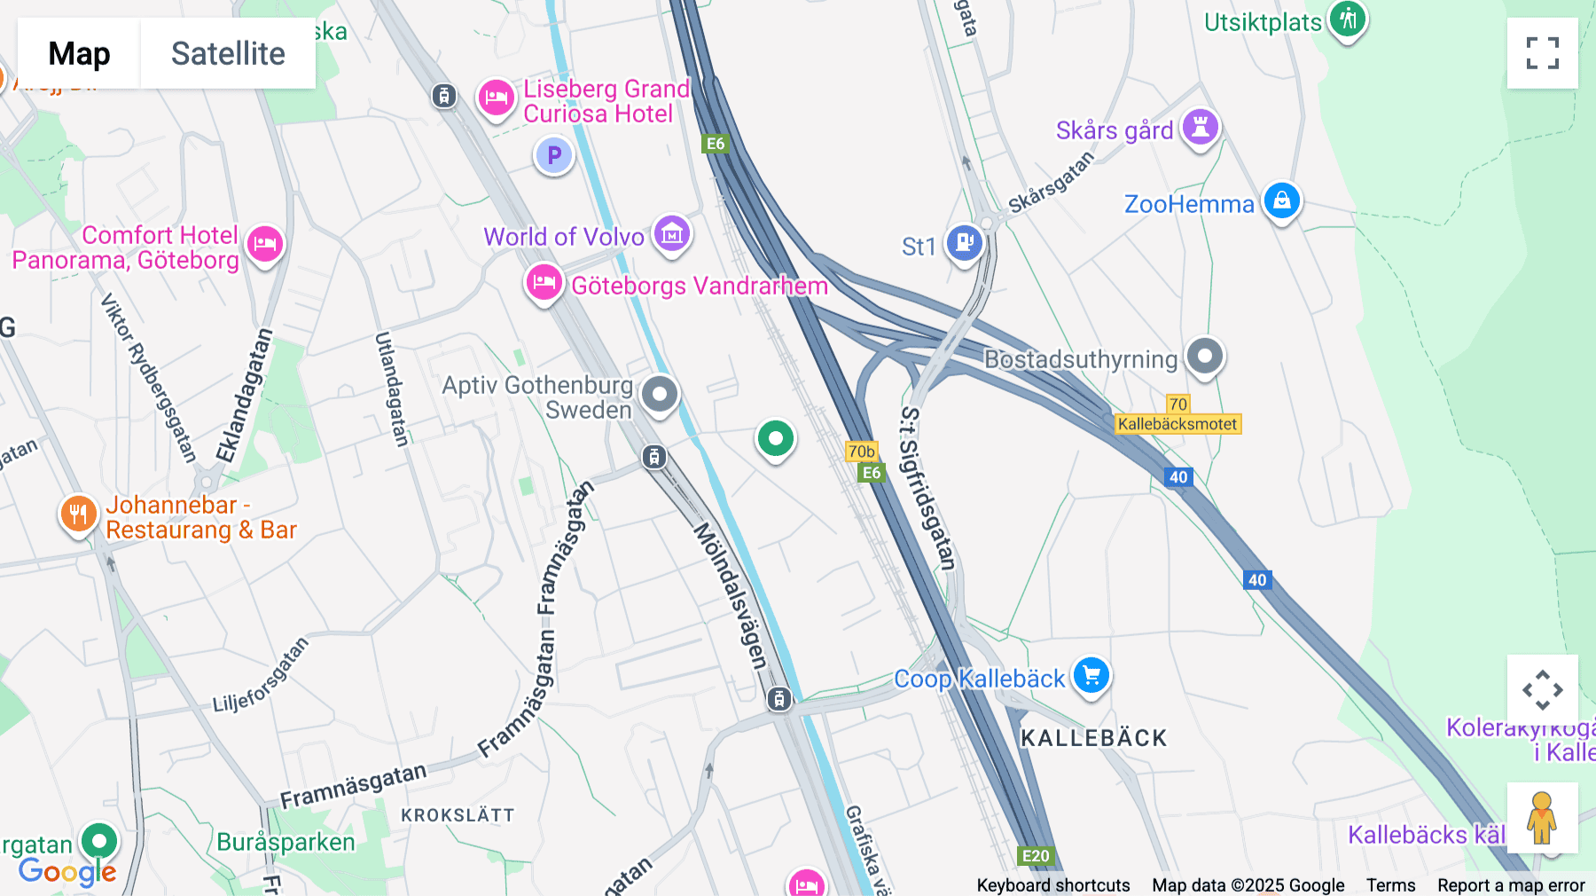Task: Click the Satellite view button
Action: click(228, 53)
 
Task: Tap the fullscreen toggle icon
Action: click(1542, 53)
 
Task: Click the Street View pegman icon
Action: click(1542, 817)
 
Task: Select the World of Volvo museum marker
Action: click(672, 234)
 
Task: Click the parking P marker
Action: click(554, 156)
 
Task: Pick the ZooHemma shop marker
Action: click(1281, 200)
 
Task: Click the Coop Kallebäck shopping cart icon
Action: click(1091, 676)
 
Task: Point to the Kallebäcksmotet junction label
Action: click(1177, 424)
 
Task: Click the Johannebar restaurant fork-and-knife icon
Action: click(78, 514)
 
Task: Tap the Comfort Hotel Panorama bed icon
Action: click(264, 243)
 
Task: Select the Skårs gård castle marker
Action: click(1201, 127)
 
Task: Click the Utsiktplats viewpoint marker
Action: click(1348, 19)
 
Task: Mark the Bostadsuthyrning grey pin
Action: click(1205, 357)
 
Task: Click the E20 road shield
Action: click(1035, 856)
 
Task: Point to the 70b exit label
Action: click(861, 452)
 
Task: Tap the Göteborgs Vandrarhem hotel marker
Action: click(544, 283)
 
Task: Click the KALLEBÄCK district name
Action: click(1093, 738)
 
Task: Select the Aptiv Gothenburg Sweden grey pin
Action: click(659, 394)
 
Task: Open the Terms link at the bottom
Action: click(1390, 885)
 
